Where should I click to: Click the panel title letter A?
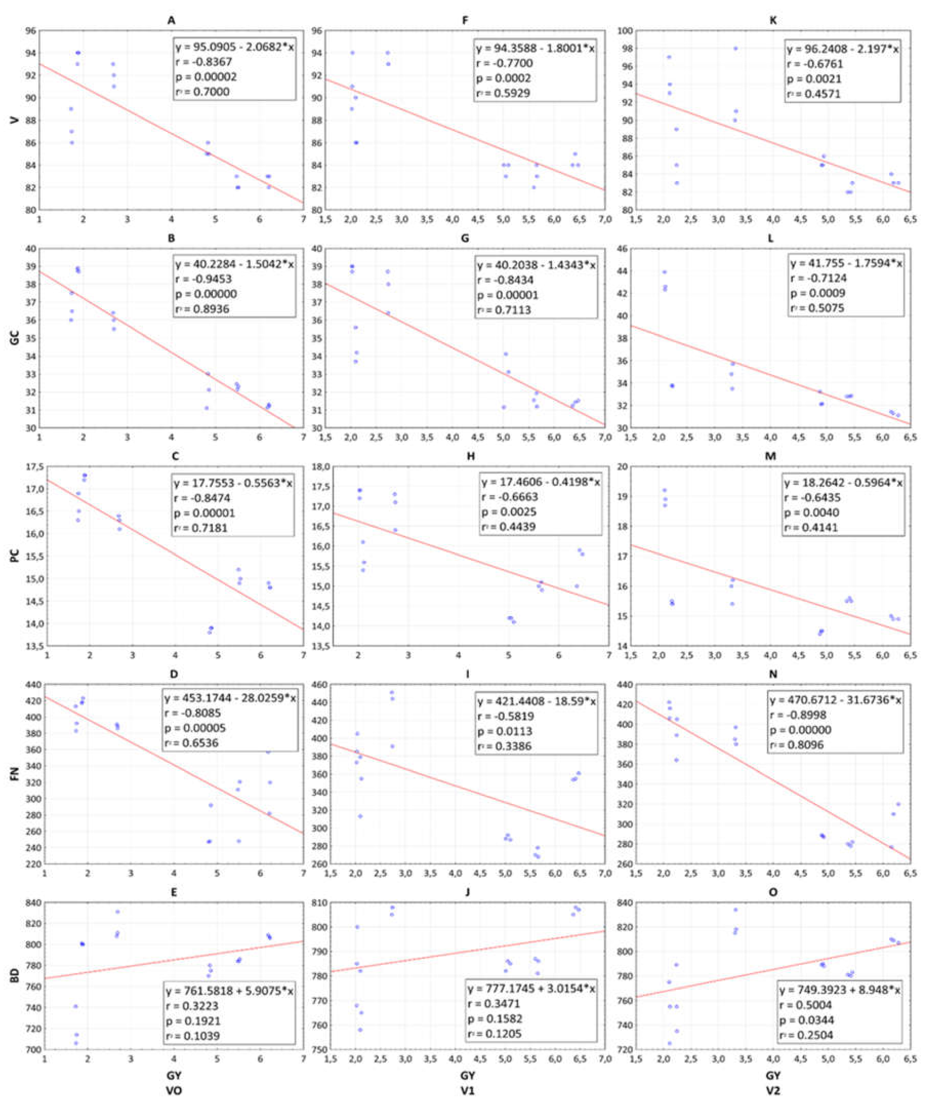click(x=171, y=20)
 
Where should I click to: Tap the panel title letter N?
click(x=773, y=674)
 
